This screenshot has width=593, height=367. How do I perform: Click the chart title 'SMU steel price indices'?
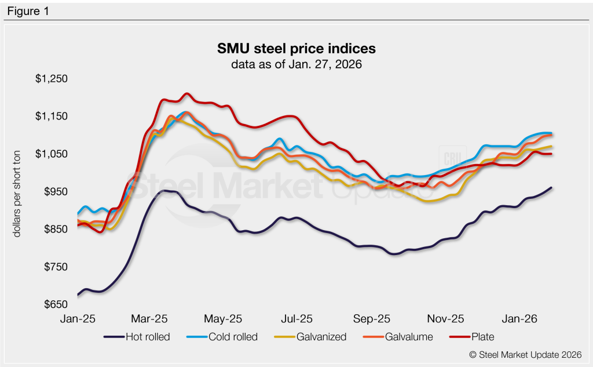(x=296, y=48)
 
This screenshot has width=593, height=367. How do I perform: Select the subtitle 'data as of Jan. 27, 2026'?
(x=296, y=64)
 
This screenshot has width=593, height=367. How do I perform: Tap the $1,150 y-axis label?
(x=52, y=117)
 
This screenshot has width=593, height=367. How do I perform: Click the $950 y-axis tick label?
(x=54, y=192)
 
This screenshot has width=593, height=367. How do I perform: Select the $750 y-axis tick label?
(x=54, y=267)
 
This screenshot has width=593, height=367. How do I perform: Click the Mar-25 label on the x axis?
(x=150, y=318)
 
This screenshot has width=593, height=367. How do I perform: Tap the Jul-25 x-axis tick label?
(x=297, y=318)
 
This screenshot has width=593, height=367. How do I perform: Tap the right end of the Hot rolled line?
(x=551, y=188)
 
